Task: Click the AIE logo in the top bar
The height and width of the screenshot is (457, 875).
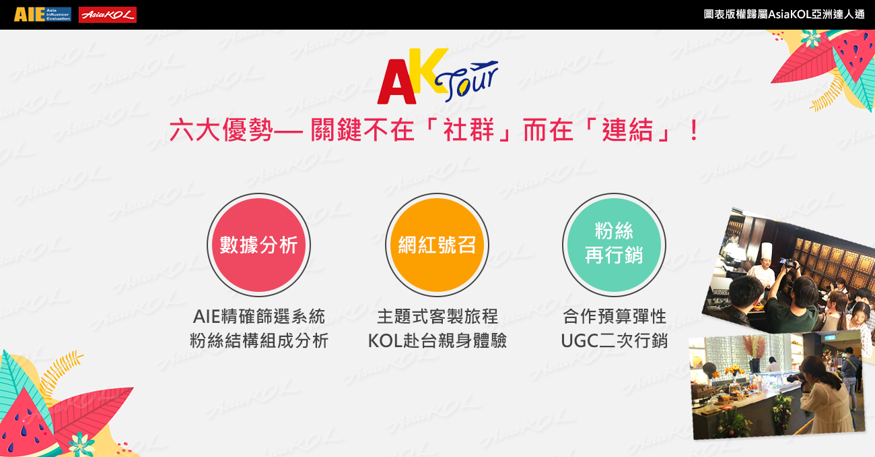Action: pos(42,14)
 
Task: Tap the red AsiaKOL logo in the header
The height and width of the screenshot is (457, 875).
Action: pos(108,15)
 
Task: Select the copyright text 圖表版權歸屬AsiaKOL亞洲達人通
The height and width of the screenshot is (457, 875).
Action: pos(784,14)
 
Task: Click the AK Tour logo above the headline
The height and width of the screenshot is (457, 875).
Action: pos(438,76)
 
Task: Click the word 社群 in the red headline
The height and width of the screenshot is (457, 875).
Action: pos(469,130)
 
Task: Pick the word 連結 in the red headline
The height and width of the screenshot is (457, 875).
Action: pos(628,130)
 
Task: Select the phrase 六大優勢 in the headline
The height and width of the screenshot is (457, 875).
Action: pos(221,130)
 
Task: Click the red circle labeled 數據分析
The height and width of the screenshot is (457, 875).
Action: pos(258,245)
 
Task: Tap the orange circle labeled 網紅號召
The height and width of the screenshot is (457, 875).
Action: pos(437,245)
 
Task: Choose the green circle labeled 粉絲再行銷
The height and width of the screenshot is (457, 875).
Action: pos(614,245)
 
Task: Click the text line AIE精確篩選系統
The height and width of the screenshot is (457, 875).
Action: pos(259,317)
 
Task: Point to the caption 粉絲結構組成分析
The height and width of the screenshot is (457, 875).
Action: pos(259,341)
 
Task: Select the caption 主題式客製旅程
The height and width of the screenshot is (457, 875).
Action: pos(438,317)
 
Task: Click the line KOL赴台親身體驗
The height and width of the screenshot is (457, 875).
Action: pos(438,341)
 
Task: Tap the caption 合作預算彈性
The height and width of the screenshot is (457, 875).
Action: pos(615,317)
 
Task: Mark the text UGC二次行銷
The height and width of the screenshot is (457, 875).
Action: pos(615,341)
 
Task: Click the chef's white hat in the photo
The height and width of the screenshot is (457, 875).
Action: pos(767,251)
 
